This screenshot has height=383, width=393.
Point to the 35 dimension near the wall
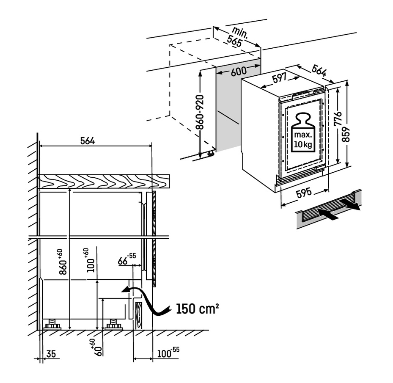(51, 354)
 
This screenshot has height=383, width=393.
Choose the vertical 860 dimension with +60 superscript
(63, 262)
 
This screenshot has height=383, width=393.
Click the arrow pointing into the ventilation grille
(328, 213)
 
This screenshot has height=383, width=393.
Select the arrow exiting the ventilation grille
(350, 205)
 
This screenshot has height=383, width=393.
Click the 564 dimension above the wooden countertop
(87, 141)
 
